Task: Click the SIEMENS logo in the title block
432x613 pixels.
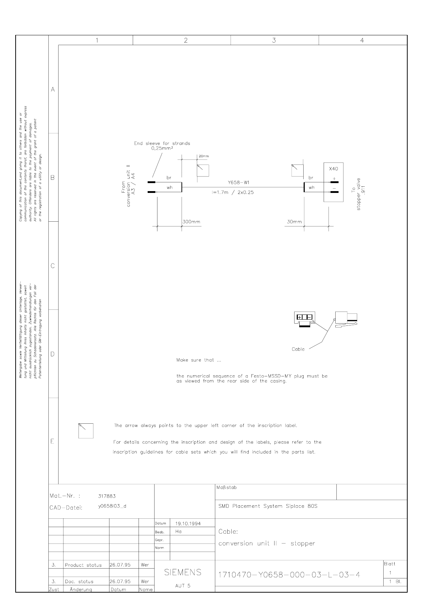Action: point(183,572)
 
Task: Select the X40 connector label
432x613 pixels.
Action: point(333,169)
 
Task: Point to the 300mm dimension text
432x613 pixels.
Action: point(191,222)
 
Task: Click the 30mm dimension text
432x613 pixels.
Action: point(294,222)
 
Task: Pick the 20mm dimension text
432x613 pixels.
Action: point(204,156)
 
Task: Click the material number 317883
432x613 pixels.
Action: point(107,496)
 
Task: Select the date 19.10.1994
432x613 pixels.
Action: point(188,523)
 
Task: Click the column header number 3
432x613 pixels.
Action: point(274,40)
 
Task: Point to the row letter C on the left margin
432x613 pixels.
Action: point(53,266)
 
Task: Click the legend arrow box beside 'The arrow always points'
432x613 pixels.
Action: point(86,431)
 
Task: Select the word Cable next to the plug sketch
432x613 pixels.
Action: point(298,349)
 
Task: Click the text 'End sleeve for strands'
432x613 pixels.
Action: point(162,143)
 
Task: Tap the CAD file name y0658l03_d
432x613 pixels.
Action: point(112,506)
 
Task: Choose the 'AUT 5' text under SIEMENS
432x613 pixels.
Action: point(183,586)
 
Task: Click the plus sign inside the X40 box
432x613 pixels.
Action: point(334,178)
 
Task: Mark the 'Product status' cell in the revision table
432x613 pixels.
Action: point(83,565)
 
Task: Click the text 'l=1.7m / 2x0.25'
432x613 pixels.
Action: point(233,193)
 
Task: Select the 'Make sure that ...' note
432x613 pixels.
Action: point(199,360)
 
